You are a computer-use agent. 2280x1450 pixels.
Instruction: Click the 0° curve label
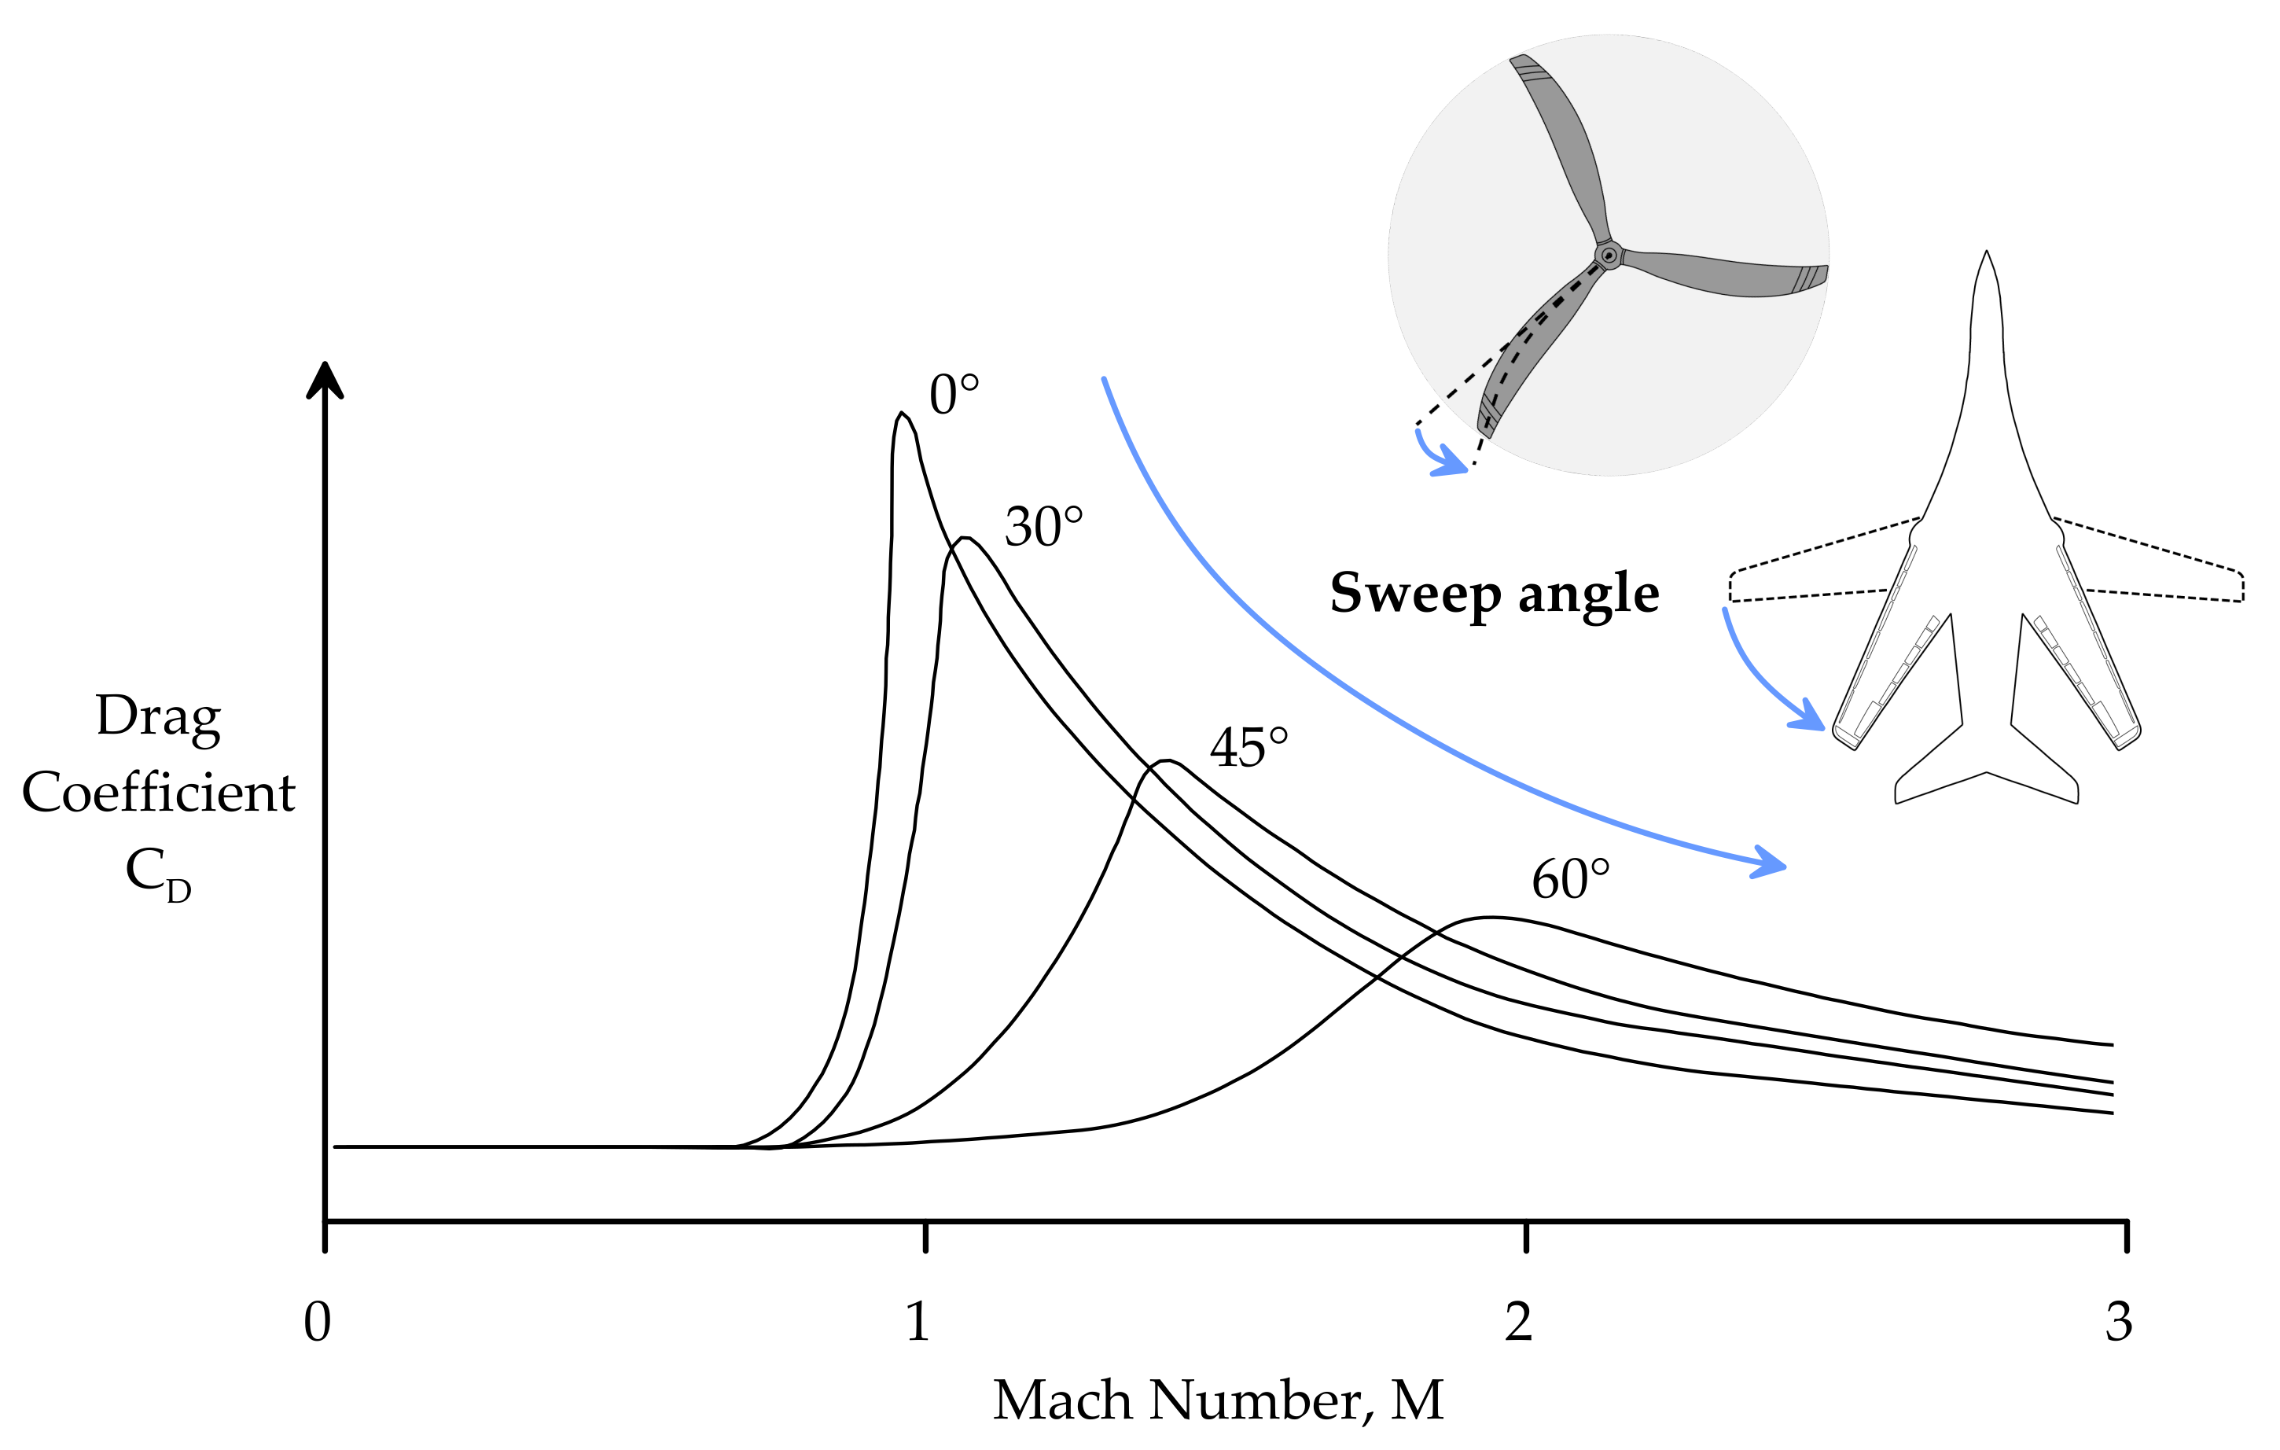pos(954,395)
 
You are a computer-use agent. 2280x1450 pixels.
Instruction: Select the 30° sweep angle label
pos(1043,527)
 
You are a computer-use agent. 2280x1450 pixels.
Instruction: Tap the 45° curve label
pos(1248,749)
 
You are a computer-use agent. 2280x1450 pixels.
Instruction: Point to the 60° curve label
pos(1570,879)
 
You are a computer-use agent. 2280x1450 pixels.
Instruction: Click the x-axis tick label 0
pos(317,1321)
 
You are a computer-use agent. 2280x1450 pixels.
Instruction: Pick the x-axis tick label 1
pos(917,1321)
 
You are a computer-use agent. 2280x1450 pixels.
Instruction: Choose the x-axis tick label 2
pos(1518,1321)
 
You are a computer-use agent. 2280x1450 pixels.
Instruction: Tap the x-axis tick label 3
pos(2118,1321)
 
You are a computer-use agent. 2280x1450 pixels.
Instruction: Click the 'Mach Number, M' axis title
pos(1218,1400)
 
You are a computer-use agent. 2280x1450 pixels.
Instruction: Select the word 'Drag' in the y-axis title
pos(158,717)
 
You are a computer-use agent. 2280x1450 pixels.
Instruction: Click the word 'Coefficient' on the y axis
pos(158,792)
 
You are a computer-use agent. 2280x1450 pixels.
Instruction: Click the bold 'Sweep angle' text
pos(1494,594)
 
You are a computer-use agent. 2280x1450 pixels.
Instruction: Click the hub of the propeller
pos(1608,256)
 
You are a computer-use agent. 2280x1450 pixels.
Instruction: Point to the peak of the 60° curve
pos(1491,917)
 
